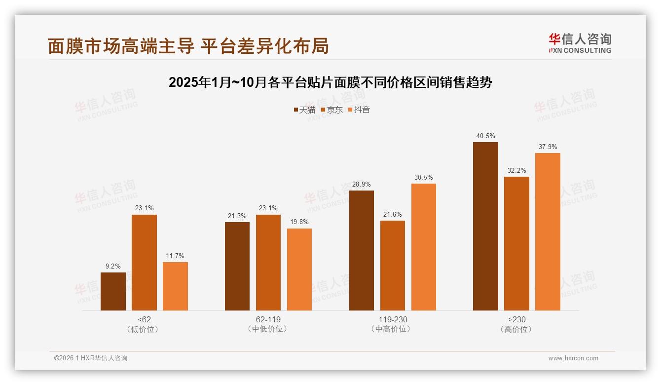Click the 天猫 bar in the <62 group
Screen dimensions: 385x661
(x=113, y=291)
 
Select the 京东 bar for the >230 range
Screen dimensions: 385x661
(x=516, y=243)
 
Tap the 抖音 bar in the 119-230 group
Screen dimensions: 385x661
(x=423, y=247)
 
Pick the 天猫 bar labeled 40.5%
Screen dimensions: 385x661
(x=485, y=226)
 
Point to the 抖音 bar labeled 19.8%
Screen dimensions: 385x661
(x=299, y=269)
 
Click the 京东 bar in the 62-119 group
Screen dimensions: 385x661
(x=268, y=262)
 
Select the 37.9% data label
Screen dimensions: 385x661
(x=548, y=147)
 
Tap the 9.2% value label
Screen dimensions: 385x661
(x=113, y=266)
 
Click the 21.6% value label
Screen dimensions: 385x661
(x=392, y=214)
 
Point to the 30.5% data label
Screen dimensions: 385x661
(x=423, y=177)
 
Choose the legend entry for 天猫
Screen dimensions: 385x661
(x=304, y=110)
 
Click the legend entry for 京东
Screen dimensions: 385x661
(x=331, y=110)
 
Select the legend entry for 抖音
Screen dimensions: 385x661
(x=359, y=110)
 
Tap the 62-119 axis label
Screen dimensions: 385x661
(x=268, y=319)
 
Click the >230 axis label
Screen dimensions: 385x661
(x=516, y=319)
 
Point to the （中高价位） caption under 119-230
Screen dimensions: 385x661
(x=392, y=329)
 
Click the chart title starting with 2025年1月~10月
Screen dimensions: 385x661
(x=330, y=82)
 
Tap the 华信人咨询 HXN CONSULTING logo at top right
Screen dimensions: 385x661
(x=580, y=43)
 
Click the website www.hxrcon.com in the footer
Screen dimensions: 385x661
(x=573, y=358)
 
